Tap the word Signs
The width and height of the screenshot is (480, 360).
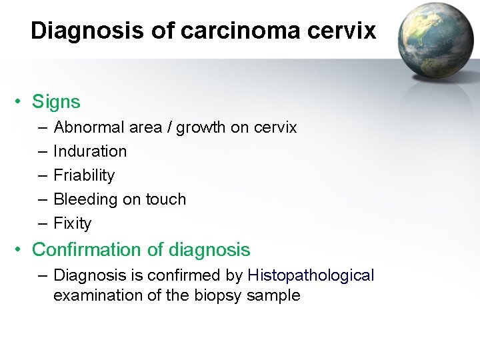56,102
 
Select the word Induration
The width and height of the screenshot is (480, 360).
89,151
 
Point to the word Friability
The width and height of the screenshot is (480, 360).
84,175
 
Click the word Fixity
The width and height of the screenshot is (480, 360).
72,223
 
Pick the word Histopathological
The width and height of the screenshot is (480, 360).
311,275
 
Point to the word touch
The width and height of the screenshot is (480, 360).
165,199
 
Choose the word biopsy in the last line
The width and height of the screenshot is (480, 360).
220,295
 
